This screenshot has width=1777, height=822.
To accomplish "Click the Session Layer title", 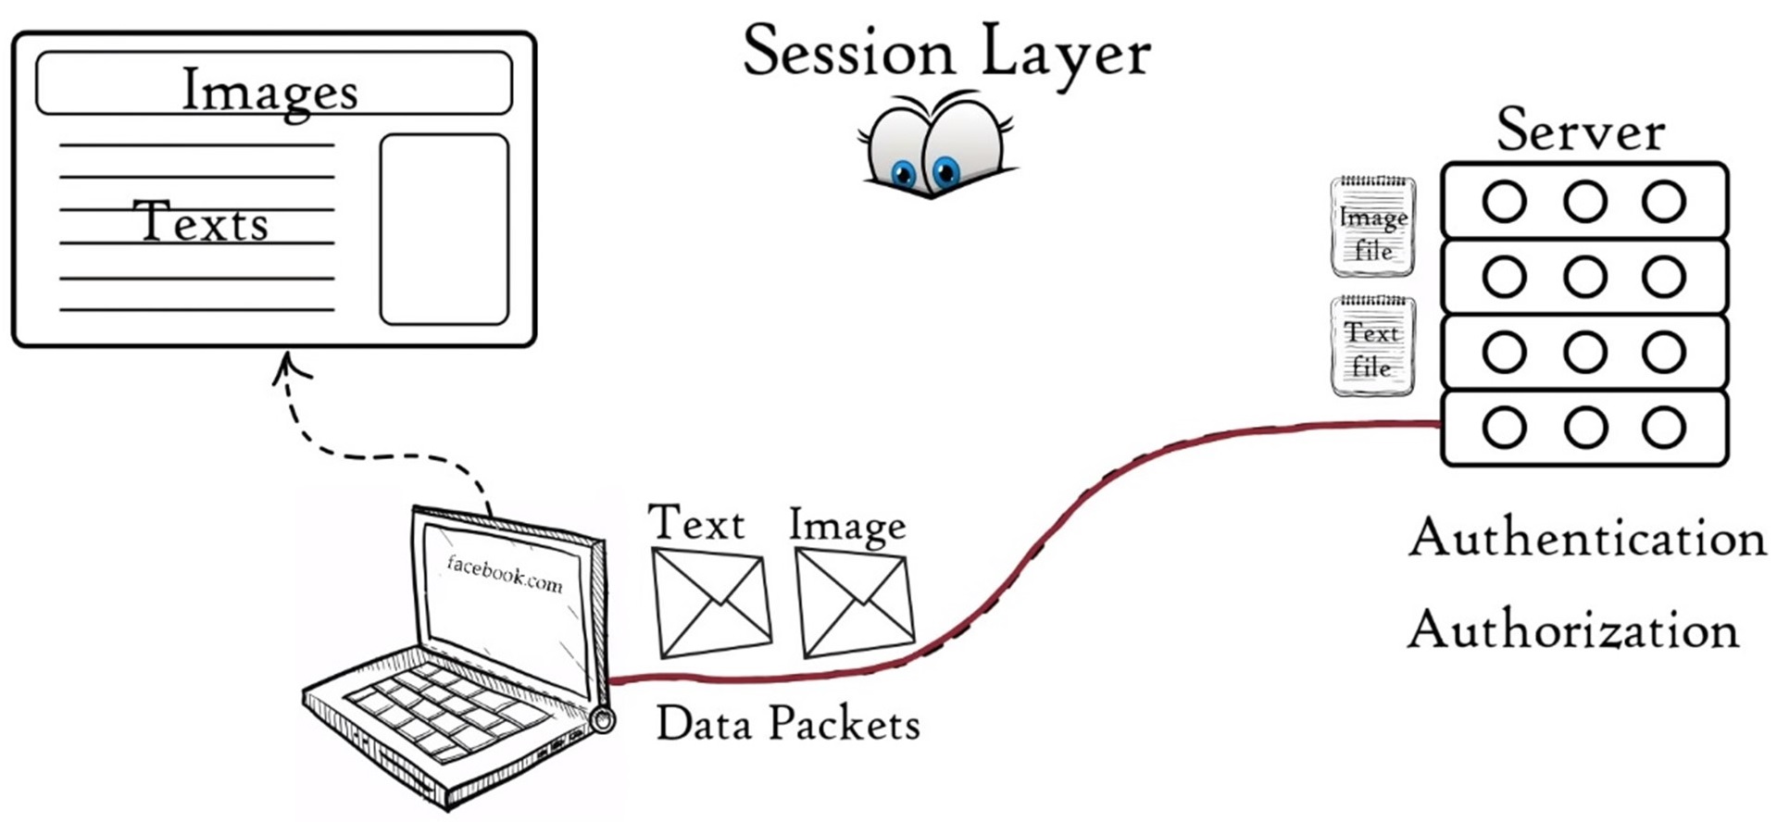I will [946, 52].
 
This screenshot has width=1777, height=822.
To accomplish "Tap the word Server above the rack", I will [1581, 131].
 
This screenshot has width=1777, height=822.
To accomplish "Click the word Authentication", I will [1587, 539].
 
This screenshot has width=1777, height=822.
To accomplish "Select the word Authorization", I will [1573, 630].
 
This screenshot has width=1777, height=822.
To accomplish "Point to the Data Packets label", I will [788, 724].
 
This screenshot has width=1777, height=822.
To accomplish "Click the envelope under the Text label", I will [711, 603].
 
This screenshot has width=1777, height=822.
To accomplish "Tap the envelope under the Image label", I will [855, 603].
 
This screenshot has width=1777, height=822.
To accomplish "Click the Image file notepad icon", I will [1373, 227].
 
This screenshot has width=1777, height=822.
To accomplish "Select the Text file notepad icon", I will [1372, 346].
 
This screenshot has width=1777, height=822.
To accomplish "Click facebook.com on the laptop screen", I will [505, 574].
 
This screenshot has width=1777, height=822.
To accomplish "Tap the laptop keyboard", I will [435, 709].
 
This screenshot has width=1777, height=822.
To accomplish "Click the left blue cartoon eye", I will [902, 173].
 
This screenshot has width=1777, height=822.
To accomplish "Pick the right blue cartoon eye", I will [945, 171].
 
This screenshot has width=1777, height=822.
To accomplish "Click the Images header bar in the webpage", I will [273, 83].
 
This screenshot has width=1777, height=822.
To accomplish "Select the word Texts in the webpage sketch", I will [201, 223].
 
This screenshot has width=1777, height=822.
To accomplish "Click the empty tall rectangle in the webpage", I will [444, 230].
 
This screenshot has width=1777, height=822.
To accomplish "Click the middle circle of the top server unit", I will [1584, 202].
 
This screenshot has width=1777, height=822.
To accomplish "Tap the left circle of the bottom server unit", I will [1504, 428].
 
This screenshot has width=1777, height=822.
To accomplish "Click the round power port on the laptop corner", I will [603, 719].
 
